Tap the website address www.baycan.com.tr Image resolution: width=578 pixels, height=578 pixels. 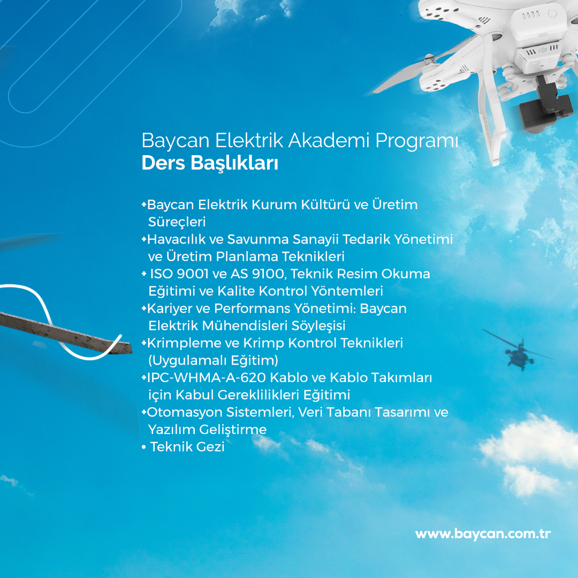pyautogui.click(x=483, y=534)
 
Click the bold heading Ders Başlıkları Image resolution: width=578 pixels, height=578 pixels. pyautogui.click(x=210, y=163)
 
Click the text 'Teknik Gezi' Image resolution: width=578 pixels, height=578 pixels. pyautogui.click(x=187, y=447)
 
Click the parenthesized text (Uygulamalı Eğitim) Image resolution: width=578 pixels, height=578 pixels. pyautogui.click(x=213, y=361)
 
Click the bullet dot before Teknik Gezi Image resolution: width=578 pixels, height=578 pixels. pyautogui.click(x=144, y=447)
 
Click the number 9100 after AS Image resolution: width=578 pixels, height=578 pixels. pyautogui.click(x=268, y=274)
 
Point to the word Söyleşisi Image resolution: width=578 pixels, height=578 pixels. pyautogui.click(x=318, y=326)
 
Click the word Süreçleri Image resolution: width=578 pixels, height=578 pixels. pyautogui.click(x=177, y=222)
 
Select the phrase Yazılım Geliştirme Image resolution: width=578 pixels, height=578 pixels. pyautogui.click(x=207, y=430)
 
